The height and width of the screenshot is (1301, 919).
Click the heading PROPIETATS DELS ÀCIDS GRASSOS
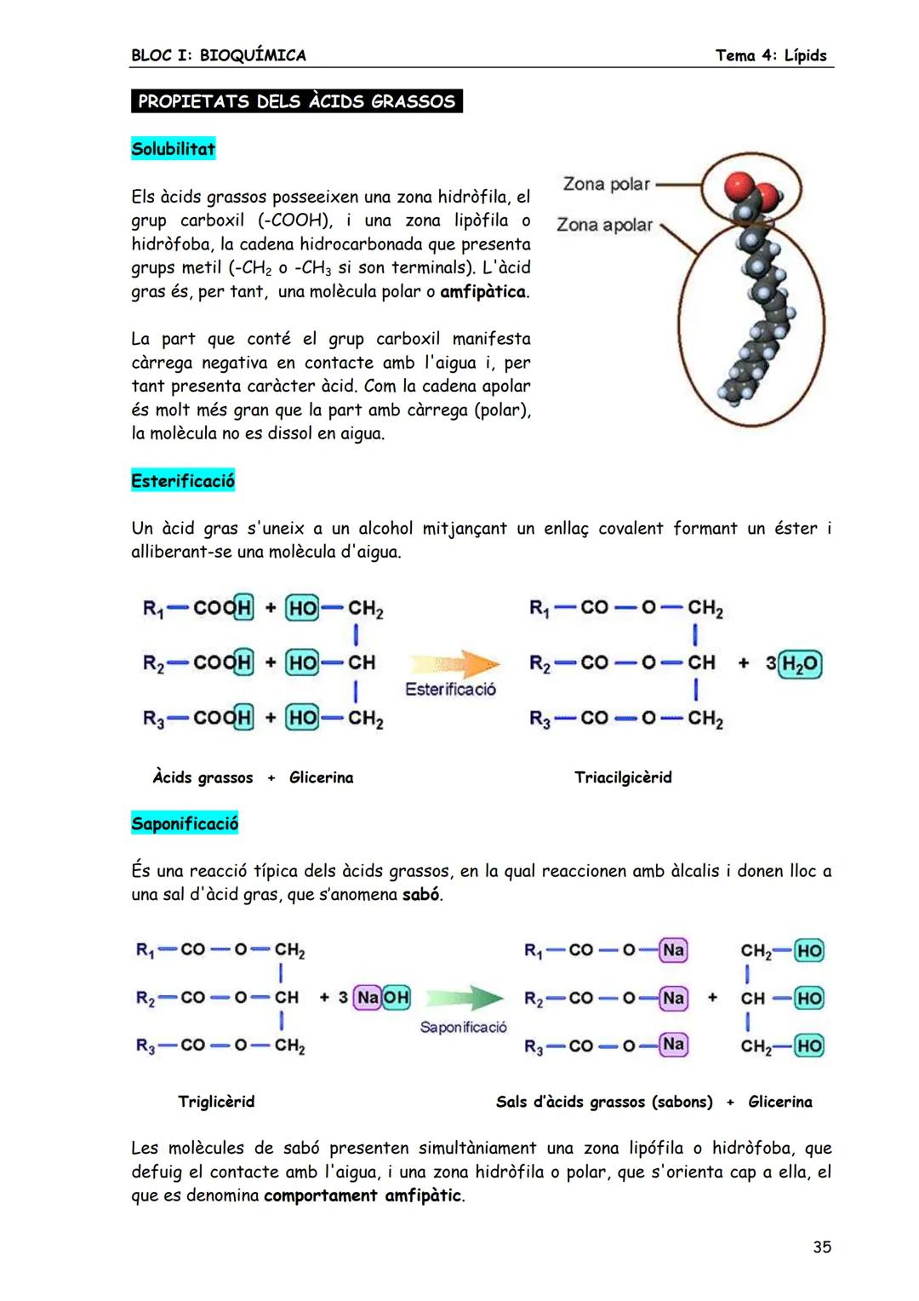296,101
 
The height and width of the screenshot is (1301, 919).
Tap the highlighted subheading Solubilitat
173,149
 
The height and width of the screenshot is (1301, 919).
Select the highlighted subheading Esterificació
183,481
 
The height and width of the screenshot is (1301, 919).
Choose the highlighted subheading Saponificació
185,823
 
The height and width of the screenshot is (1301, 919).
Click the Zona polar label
606,184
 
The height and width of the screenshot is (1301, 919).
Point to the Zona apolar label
604,225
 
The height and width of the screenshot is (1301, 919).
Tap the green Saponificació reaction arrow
464,998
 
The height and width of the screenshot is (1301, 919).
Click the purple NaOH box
382,997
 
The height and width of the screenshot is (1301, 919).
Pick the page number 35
821,1247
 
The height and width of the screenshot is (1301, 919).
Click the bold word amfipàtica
482,292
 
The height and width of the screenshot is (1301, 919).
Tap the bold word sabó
421,895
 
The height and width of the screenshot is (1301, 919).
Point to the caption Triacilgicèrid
623,777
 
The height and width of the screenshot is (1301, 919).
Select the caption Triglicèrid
216,1102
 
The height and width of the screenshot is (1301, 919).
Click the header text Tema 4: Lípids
770,55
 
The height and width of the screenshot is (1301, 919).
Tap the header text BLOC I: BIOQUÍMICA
219,55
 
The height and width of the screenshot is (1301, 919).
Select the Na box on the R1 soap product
673,950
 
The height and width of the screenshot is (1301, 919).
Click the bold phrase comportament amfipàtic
363,1195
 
